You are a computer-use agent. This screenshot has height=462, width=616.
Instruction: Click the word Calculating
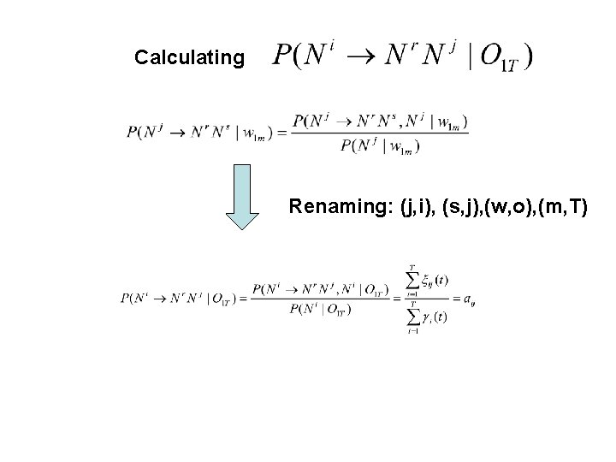click(x=189, y=58)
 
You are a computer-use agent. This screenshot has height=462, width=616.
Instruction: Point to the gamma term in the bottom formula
click(x=430, y=317)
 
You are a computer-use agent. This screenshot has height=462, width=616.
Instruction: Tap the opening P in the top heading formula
click(x=281, y=57)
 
